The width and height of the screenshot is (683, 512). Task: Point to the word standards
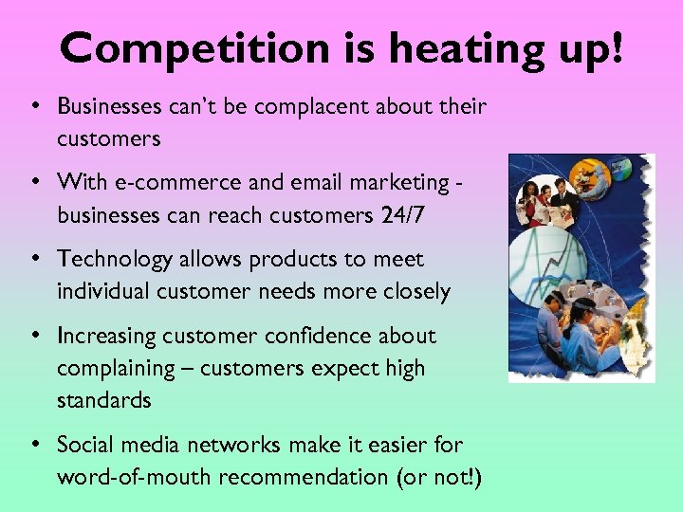tap(103, 400)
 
